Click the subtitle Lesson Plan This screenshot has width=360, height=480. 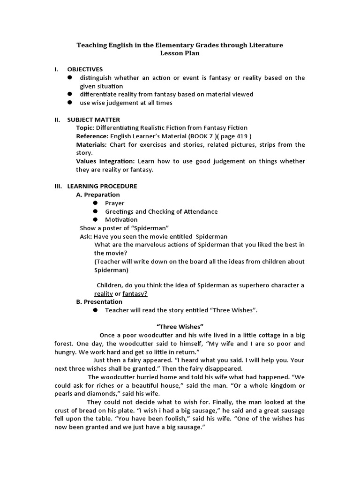(x=180, y=53)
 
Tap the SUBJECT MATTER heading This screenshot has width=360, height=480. (x=93, y=120)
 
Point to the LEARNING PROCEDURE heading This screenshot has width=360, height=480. (x=102, y=186)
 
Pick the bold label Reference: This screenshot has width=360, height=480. (x=91, y=136)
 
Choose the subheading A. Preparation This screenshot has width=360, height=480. (x=98, y=195)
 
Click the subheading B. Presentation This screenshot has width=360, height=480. (x=99, y=302)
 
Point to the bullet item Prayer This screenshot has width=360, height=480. (x=114, y=203)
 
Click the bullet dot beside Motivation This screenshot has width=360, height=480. (x=95, y=219)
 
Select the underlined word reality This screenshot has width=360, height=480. (x=104, y=294)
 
